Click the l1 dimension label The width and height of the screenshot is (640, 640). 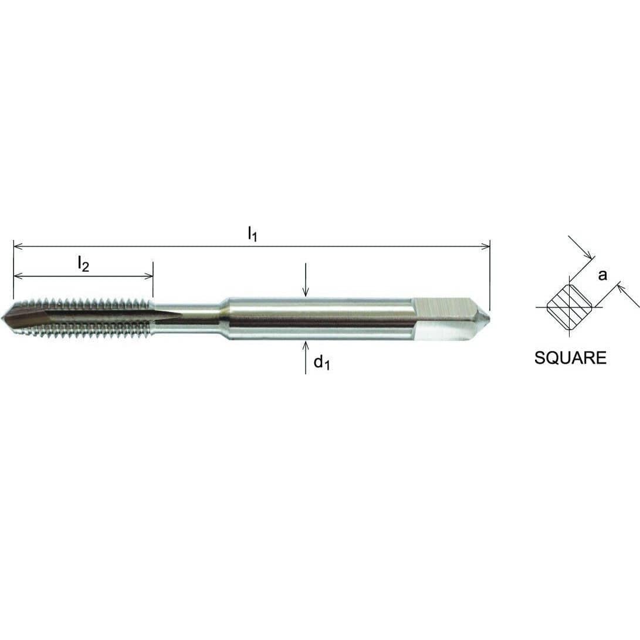click(x=252, y=235)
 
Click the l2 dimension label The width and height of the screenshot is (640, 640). click(x=83, y=265)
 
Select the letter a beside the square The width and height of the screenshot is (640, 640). click(x=602, y=275)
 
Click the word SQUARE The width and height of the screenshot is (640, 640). click(x=570, y=358)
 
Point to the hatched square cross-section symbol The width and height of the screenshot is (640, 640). click(x=569, y=306)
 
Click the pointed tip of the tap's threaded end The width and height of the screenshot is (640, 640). click(x=5, y=317)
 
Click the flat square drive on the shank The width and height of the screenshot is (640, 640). click(x=443, y=308)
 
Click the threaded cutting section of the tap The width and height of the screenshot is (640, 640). click(x=82, y=319)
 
